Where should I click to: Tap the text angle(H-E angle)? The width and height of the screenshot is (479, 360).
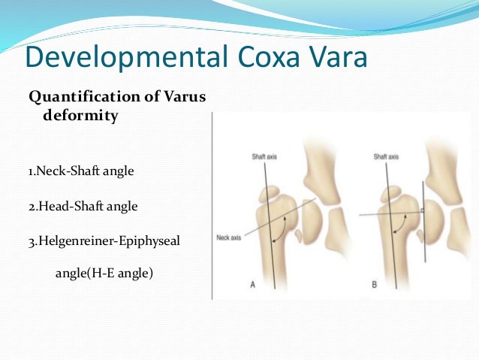coord(104,274)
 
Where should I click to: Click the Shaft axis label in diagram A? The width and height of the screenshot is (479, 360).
coord(264,157)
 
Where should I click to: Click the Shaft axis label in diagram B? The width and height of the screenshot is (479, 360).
coord(386,157)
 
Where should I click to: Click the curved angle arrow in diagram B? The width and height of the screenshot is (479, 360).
coord(405,225)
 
